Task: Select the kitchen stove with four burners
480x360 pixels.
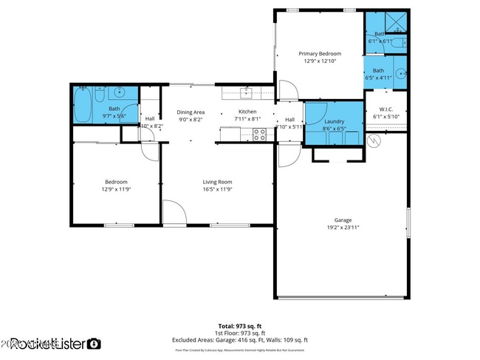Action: (259, 134)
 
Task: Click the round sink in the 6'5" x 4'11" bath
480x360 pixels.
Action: (400, 73)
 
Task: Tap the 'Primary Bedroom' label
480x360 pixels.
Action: (320, 54)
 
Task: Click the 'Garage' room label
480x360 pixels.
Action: (343, 220)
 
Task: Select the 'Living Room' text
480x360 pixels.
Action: (218, 182)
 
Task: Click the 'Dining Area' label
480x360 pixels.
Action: (191, 112)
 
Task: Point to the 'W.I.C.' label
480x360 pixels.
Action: (385, 109)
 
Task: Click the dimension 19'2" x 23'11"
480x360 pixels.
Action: (343, 228)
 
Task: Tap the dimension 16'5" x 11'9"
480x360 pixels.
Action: (218, 189)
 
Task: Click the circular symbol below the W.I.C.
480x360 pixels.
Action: (374, 140)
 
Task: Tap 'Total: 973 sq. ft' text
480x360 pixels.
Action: (240, 326)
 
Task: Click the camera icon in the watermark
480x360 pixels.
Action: (94, 344)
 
